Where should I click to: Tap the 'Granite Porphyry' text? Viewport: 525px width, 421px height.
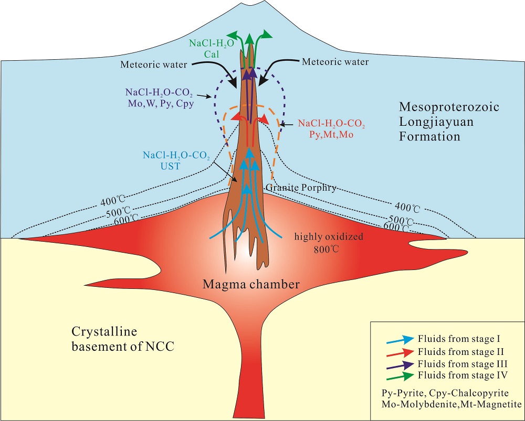301,187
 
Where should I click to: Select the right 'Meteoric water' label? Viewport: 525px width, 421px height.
335,62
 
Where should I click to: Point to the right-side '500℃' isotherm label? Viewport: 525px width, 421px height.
402,219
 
